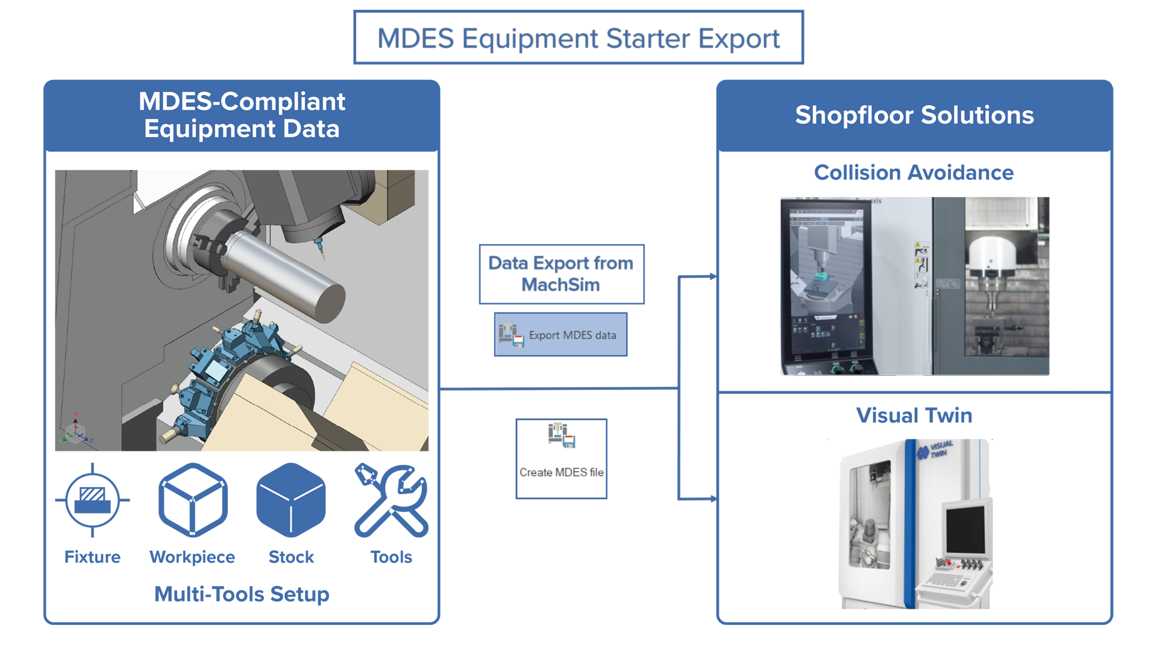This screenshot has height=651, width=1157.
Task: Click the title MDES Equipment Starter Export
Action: tap(578, 38)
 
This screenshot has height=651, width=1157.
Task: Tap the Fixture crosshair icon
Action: tap(92, 500)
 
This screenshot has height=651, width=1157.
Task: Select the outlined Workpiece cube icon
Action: tap(193, 500)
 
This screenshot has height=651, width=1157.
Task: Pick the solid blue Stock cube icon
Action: tap(291, 500)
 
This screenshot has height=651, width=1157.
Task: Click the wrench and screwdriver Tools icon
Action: tap(391, 500)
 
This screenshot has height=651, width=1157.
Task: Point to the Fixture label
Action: tap(92, 557)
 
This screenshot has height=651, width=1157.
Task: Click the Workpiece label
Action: tap(192, 557)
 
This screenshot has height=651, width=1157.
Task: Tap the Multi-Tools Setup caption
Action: tap(242, 594)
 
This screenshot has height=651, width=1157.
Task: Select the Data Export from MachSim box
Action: tap(562, 274)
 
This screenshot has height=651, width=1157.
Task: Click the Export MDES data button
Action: tap(560, 335)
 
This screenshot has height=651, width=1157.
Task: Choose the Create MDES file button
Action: tap(561, 459)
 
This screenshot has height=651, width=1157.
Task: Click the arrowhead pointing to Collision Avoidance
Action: tap(713, 277)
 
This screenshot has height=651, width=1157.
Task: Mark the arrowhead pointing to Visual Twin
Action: tap(713, 498)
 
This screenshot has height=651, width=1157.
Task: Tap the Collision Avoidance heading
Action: tap(914, 172)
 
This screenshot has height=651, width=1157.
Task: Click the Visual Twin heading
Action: tap(914, 415)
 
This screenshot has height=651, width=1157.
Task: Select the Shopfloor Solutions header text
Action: tap(914, 115)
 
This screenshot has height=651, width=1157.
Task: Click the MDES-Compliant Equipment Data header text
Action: tap(242, 115)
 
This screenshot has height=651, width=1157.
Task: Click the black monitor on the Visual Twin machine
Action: tap(965, 529)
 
